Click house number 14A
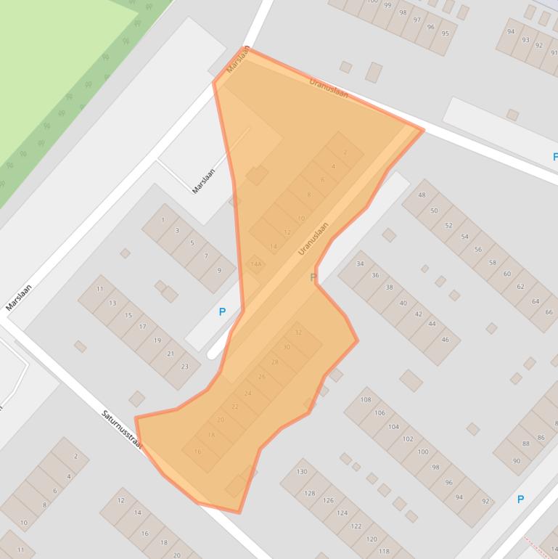255,265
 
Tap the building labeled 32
298,332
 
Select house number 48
422,195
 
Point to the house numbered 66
548,312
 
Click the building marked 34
360,264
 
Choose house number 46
445,340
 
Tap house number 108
365,400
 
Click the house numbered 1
163,219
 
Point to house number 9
219,270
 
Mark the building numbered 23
184,366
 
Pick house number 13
112,303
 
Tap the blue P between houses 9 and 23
222,312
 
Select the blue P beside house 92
520,499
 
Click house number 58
493,263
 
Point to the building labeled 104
393,427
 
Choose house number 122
356,526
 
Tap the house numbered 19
157,340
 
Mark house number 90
516,461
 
